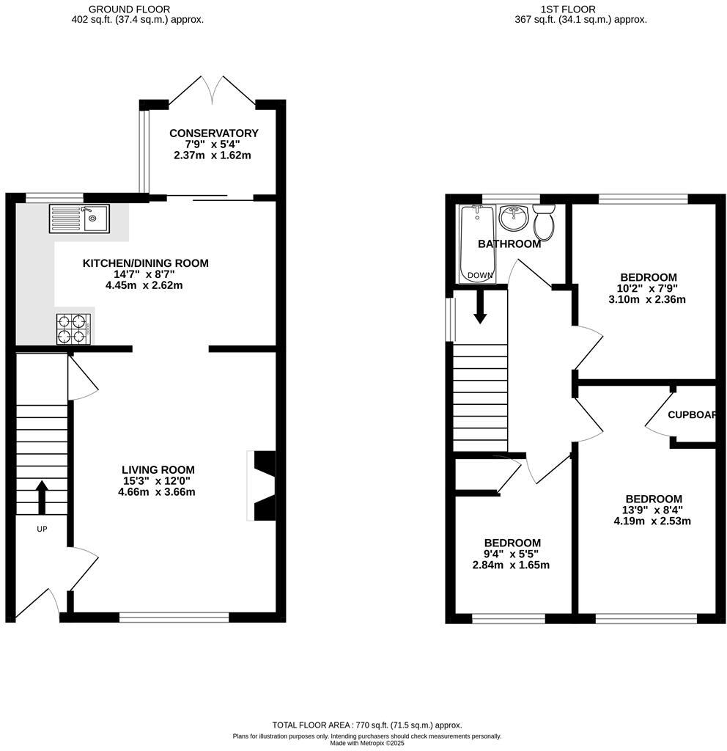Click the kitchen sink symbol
(x=78, y=218)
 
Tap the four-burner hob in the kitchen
(x=73, y=329)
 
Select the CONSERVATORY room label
(x=213, y=133)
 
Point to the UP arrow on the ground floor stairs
(x=41, y=497)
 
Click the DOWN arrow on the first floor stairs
(x=480, y=307)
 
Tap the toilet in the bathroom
(x=545, y=221)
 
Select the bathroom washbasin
(x=514, y=217)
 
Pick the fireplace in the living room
(x=263, y=485)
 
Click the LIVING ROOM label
(x=158, y=470)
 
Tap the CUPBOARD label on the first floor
(x=692, y=414)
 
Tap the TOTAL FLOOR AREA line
(x=367, y=725)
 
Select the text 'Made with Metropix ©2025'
(x=366, y=743)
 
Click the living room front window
(x=174, y=617)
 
